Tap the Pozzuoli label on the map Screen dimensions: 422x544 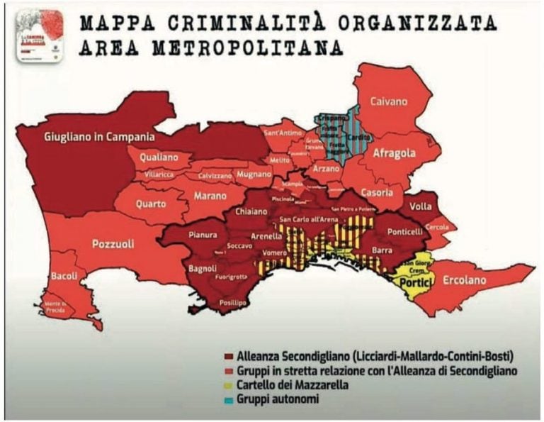[113, 243]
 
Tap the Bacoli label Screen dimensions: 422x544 [63, 275]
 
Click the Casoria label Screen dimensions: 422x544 [375, 192]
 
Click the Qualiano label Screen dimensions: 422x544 [159, 157]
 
